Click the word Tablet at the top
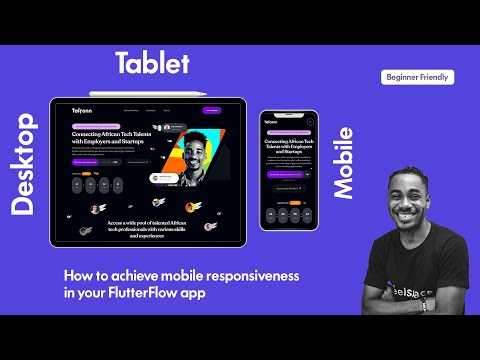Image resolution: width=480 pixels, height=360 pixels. click(152, 64)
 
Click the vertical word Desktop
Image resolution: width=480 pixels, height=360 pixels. click(23, 164)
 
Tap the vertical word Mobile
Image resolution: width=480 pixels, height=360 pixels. click(342, 162)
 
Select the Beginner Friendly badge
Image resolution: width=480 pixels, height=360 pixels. click(418, 77)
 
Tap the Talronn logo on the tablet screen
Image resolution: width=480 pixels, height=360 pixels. click(82, 110)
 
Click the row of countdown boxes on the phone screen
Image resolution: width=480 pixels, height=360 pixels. click(288, 213)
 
